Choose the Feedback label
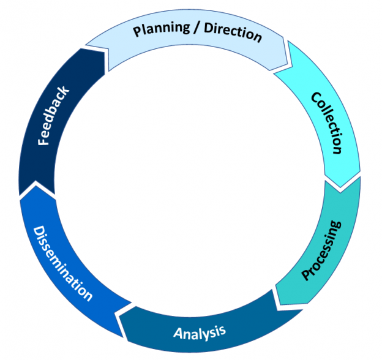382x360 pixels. [53, 116]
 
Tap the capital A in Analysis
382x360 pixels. [178, 335]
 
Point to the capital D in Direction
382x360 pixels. [209, 29]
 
